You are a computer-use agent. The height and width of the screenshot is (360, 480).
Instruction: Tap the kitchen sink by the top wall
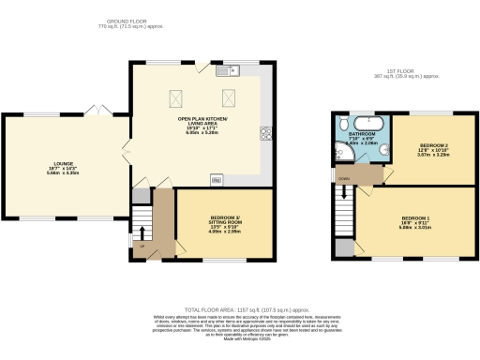(x=228, y=70)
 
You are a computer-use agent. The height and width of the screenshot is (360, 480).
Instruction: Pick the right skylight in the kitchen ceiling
(x=228, y=96)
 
